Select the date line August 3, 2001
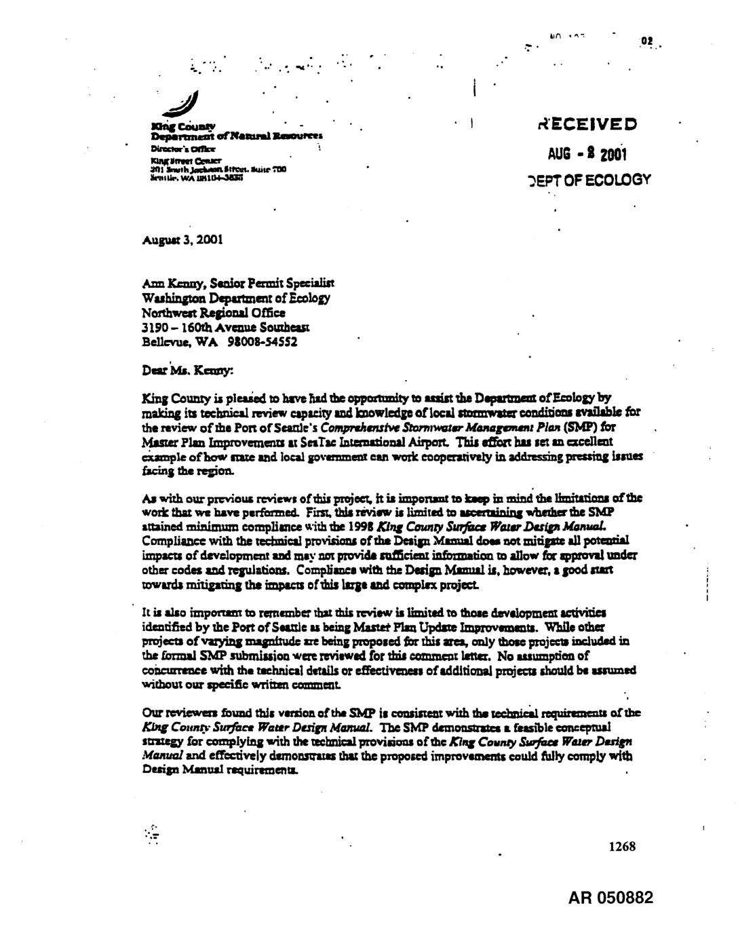183,240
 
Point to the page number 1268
621,847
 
